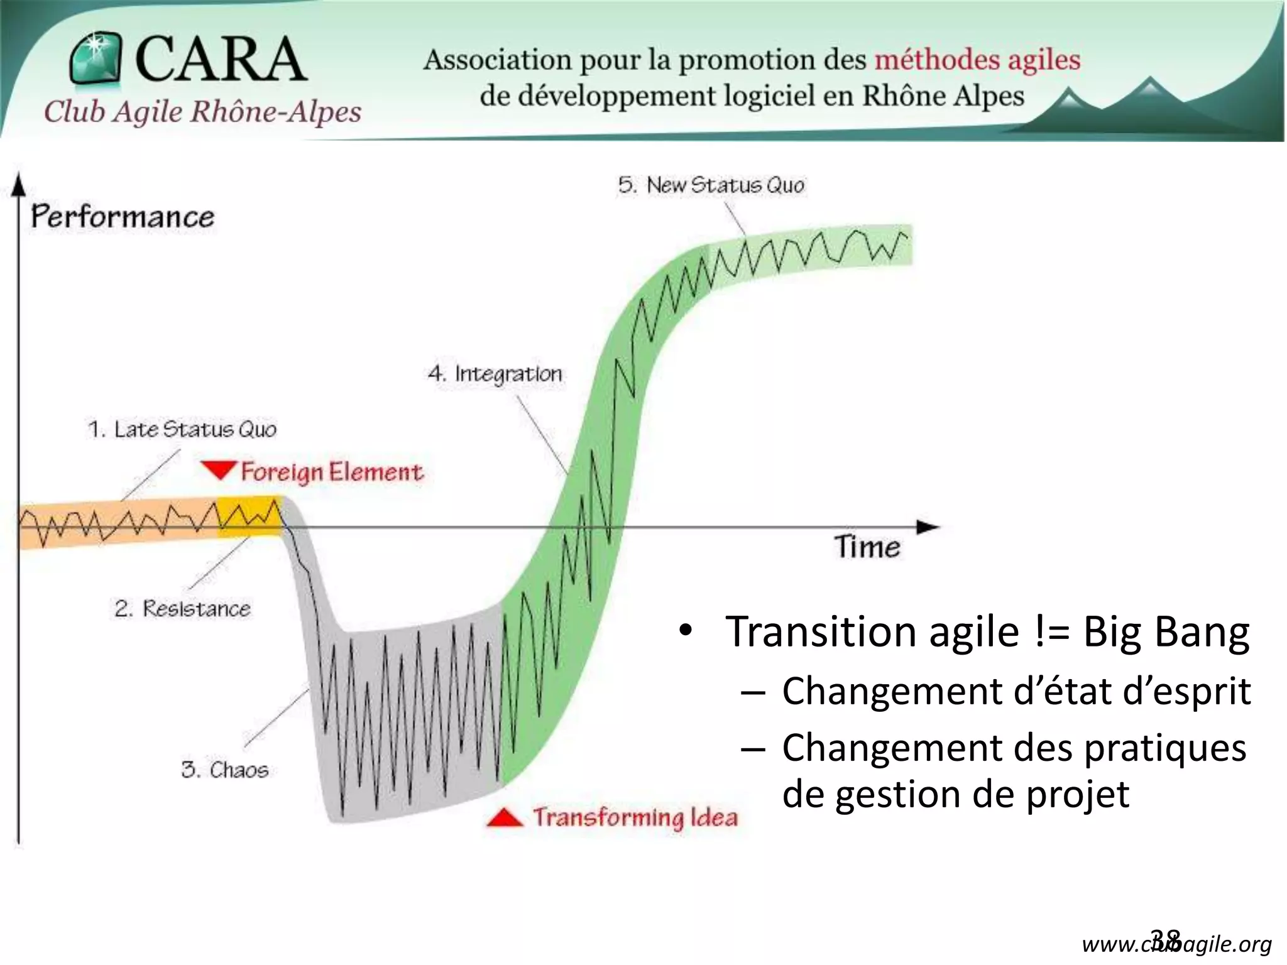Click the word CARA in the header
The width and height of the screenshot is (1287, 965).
[x=221, y=59]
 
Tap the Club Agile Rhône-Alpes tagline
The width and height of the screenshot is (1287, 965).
[x=202, y=112]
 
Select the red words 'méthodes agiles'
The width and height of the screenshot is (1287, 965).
[x=977, y=60]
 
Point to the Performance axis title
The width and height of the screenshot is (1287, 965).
[x=123, y=217]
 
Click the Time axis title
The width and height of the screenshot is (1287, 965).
[x=867, y=547]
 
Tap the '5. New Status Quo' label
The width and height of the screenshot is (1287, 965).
[x=711, y=185]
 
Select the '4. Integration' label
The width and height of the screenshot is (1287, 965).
[x=495, y=374]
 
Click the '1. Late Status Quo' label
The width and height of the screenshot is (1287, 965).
[x=182, y=429]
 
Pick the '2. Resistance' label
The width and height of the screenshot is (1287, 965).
[x=182, y=608]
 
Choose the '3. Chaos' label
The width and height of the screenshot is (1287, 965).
[x=224, y=770]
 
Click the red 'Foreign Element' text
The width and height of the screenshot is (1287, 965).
[x=332, y=472]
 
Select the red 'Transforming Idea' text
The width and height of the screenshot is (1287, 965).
[x=635, y=817]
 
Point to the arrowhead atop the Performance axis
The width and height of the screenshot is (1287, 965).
[x=19, y=184]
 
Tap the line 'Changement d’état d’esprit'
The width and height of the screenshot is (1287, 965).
[x=1016, y=691]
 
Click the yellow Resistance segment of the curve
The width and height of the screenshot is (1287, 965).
[x=249, y=516]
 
